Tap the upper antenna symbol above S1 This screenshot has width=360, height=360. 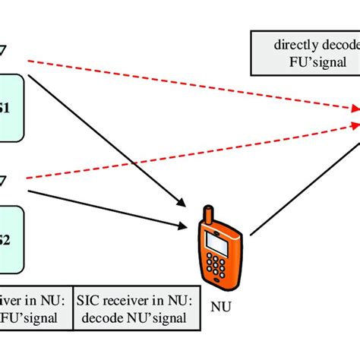(x=3, y=50)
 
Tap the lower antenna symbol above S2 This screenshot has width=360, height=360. (x=3, y=180)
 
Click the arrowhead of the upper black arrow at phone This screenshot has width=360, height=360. (x=180, y=202)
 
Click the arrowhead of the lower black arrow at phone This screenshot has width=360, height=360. (x=182, y=226)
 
